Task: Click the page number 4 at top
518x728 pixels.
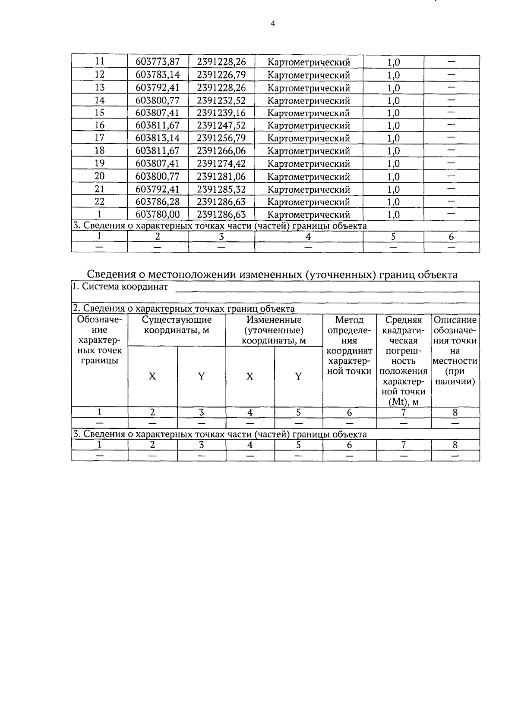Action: click(272, 24)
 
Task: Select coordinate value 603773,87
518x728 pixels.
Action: click(158, 62)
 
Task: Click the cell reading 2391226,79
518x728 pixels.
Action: click(221, 75)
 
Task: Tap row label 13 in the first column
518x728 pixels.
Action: click(100, 87)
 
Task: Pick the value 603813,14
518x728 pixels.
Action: click(158, 138)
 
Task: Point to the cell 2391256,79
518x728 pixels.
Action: click(221, 138)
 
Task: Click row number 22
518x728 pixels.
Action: click(100, 201)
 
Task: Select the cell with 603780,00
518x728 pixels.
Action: click(158, 214)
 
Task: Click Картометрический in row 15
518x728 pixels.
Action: click(309, 113)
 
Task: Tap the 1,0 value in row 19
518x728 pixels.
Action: click(393, 164)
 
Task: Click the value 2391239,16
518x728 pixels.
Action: click(221, 113)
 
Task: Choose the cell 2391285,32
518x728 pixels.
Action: click(221, 189)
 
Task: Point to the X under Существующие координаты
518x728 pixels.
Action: click(152, 376)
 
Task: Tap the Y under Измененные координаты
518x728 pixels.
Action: click(298, 376)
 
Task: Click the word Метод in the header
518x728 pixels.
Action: click(349, 320)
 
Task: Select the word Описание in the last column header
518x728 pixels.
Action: click(455, 320)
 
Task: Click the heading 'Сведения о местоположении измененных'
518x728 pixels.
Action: click(194, 274)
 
